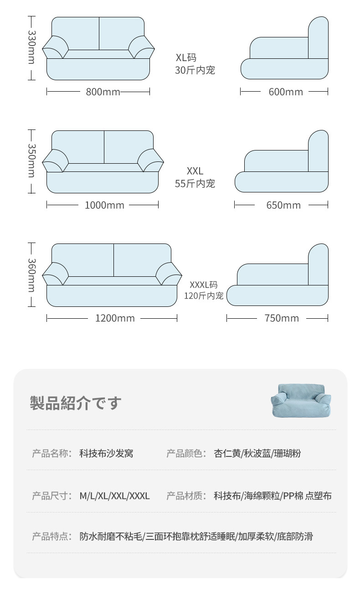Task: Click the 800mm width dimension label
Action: click(x=103, y=92)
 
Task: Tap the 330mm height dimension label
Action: click(x=31, y=47)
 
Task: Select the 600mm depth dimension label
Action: click(x=286, y=92)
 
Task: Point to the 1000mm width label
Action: click(x=104, y=205)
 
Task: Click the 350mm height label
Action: click(x=31, y=161)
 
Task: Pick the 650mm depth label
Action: click(x=283, y=205)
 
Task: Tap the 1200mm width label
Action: click(x=115, y=318)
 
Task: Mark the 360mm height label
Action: click(x=31, y=275)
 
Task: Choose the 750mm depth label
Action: click(x=282, y=318)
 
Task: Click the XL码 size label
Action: click(x=186, y=58)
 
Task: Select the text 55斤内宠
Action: click(x=195, y=184)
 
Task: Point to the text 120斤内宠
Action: click(x=204, y=296)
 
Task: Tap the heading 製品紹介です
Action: click(x=76, y=403)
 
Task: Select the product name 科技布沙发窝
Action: click(x=106, y=454)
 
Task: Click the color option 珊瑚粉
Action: click(x=288, y=454)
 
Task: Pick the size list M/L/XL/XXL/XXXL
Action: click(x=114, y=496)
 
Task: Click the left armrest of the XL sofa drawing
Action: click(x=56, y=47)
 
